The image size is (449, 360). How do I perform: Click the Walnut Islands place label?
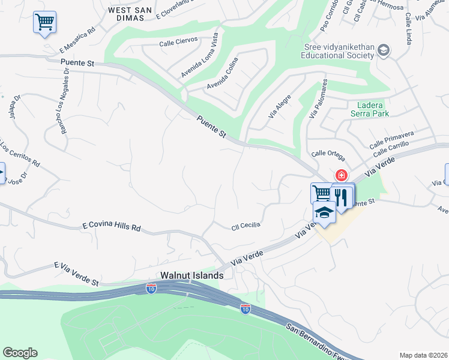click(x=191, y=275)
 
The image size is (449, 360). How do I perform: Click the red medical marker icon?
click(x=341, y=175)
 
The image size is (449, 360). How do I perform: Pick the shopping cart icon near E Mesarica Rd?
click(x=44, y=22)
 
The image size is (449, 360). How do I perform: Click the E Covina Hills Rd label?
click(x=111, y=227)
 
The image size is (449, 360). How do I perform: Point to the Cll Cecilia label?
click(x=246, y=226)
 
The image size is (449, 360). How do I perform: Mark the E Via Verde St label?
click(x=76, y=274)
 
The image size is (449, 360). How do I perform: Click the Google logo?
click(x=20, y=353)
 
